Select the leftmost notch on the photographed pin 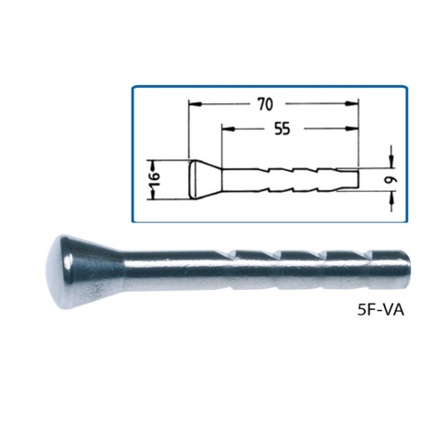(236, 252)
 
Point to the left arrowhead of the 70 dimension (193, 104)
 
